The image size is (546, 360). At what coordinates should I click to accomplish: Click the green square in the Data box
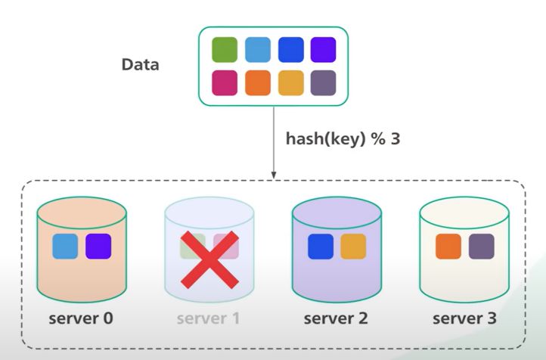[x=225, y=50]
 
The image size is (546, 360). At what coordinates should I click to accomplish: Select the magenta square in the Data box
[x=225, y=82]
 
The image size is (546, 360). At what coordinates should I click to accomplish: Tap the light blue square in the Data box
[x=257, y=50]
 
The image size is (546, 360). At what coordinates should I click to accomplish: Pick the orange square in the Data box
[x=257, y=82]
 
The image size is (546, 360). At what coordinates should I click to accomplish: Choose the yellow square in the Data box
[x=290, y=82]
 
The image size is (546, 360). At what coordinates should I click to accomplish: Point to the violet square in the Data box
[x=323, y=50]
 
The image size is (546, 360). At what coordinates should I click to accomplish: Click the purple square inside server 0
[x=98, y=247]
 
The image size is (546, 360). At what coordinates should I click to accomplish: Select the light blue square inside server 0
[x=65, y=247]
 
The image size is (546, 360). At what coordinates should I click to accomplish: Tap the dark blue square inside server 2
[x=321, y=247]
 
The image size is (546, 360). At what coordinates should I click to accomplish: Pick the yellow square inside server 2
[x=353, y=247]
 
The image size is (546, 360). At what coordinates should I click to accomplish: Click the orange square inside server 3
[x=448, y=247]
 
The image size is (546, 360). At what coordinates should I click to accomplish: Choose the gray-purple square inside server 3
[x=481, y=247]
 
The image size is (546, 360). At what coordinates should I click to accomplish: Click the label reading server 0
[x=81, y=318]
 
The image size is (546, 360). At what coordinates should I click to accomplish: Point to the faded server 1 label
[x=208, y=318]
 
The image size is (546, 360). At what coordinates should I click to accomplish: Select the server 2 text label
[x=336, y=318]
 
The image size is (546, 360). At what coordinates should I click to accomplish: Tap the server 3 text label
[x=464, y=318]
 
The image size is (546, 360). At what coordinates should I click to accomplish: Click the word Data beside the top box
[x=141, y=65]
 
